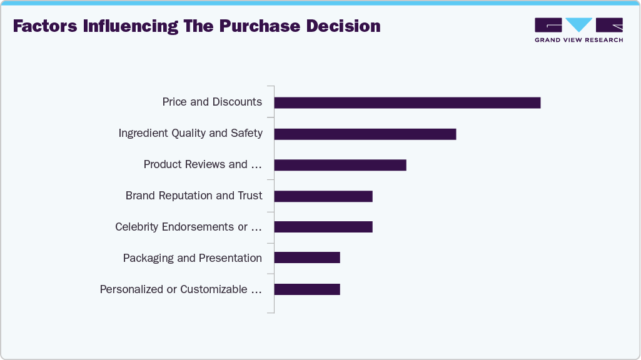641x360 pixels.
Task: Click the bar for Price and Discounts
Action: pos(407,102)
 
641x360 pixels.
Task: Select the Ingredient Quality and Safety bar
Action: pos(365,134)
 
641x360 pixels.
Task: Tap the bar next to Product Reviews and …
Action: pos(340,165)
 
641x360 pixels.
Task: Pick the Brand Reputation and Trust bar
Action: pos(323,196)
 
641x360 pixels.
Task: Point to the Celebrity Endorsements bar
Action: pos(323,227)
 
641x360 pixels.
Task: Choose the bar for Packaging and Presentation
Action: pos(307,257)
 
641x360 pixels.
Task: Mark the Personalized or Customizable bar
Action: pos(307,289)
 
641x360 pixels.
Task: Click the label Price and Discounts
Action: pos(212,102)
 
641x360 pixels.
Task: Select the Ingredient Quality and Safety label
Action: pos(190,133)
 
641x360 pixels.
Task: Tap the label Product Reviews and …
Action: pos(203,164)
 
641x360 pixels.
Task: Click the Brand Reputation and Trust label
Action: pos(194,196)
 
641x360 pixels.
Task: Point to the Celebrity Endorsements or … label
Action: pos(188,227)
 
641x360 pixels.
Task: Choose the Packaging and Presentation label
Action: pos(192,258)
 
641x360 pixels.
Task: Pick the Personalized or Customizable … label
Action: pos(181,289)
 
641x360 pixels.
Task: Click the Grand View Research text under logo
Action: pos(578,40)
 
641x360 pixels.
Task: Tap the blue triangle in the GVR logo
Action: pos(578,24)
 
